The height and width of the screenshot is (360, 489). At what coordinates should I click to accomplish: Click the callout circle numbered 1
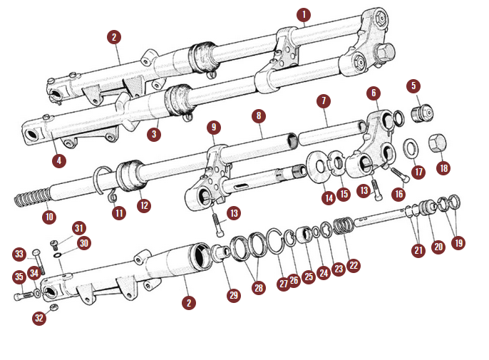(x=304, y=14)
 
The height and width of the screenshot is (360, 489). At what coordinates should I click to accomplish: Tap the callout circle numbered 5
(x=413, y=86)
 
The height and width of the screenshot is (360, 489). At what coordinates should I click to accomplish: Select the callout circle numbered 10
(x=49, y=217)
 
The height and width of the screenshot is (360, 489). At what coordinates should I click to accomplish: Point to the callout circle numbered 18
(x=443, y=168)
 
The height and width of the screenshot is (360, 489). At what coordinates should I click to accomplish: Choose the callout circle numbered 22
(x=354, y=265)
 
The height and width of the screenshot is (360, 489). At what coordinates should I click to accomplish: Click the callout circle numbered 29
(x=234, y=295)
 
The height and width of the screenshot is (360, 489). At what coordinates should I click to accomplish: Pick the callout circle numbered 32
(x=39, y=318)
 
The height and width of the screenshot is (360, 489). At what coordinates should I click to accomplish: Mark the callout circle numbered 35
(x=19, y=277)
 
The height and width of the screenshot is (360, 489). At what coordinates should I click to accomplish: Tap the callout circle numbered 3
(x=154, y=134)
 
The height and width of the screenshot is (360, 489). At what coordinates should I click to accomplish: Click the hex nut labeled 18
(x=437, y=143)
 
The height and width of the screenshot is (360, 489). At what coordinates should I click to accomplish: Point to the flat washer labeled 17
(x=412, y=149)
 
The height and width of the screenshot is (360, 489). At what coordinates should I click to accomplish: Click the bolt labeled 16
(x=400, y=175)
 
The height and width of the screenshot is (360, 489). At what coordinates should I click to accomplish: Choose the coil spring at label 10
(x=34, y=197)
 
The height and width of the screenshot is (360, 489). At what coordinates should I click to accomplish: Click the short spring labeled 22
(x=344, y=226)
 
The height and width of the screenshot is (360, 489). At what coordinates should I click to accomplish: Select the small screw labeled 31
(x=55, y=245)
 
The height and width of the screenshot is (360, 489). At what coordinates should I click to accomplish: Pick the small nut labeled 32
(x=53, y=307)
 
